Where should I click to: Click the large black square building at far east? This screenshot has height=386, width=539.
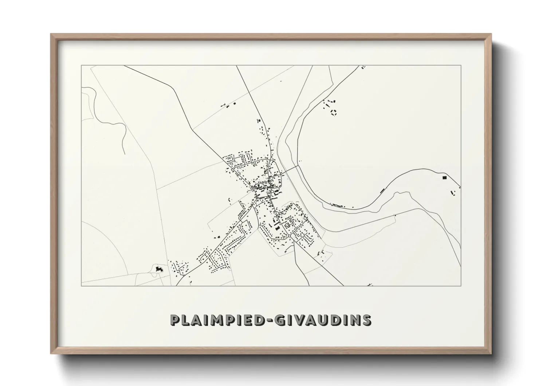point(444,178)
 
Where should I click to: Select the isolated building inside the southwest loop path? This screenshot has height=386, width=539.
point(158,269)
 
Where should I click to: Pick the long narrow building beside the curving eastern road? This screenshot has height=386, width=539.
point(382,190)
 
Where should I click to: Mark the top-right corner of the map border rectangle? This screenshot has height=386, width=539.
point(461,65)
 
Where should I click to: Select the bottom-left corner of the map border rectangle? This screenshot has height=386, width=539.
point(81,286)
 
